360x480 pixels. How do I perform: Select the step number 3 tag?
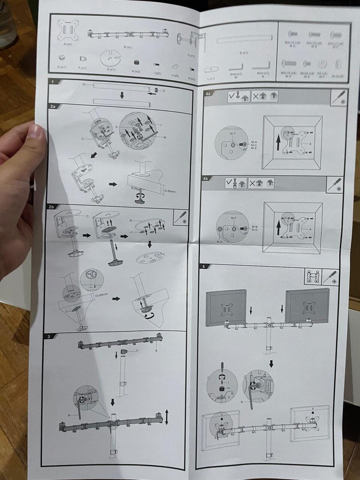tap(49, 336)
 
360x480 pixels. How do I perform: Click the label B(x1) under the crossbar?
tap(128, 47)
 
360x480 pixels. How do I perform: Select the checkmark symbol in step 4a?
tap(233, 96)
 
